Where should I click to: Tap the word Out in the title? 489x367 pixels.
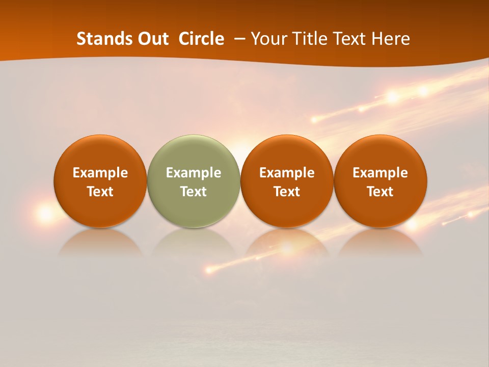[152, 39]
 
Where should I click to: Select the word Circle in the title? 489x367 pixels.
[201, 39]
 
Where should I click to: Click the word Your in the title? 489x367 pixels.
[268, 39]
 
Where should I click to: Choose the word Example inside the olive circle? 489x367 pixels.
[194, 173]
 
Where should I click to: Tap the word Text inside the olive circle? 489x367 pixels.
[194, 192]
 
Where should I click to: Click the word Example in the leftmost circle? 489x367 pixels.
[100, 173]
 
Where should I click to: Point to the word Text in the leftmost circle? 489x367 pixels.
[100, 192]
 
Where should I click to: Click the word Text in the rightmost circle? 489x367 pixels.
[381, 192]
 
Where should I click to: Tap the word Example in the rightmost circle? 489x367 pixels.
[381, 173]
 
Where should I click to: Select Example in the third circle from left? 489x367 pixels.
[287, 173]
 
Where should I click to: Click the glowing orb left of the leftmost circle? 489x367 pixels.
[45, 214]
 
